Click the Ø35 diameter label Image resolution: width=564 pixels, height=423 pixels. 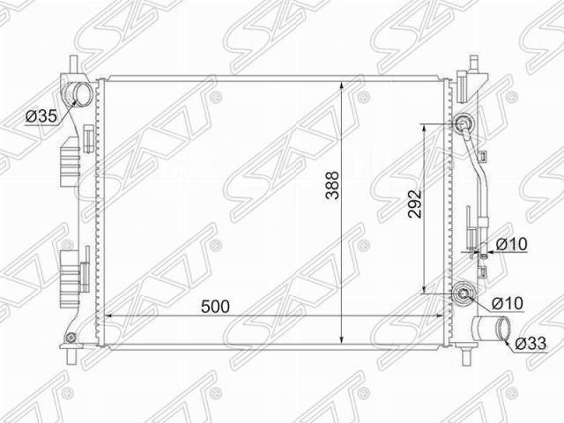pyautogui.click(x=41, y=115)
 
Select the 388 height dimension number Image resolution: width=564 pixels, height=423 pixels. pyautogui.click(x=332, y=185)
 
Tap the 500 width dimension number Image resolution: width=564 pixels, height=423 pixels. pyautogui.click(x=215, y=306)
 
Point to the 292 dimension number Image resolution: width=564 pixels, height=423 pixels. pyautogui.click(x=415, y=204)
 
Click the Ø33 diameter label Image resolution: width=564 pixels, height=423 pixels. pyautogui.click(x=531, y=343)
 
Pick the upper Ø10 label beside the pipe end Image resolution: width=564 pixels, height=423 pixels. pyautogui.click(x=511, y=245)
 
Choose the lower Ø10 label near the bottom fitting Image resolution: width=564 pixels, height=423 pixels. pyautogui.click(x=508, y=303)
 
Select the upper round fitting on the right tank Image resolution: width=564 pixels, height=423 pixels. pyautogui.click(x=463, y=124)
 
